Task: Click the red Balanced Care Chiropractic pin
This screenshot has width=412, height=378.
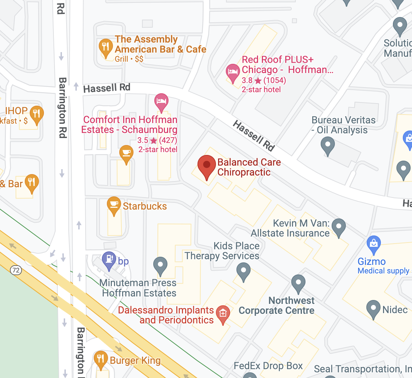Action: click(x=206, y=166)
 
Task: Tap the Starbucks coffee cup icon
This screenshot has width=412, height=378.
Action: click(x=114, y=205)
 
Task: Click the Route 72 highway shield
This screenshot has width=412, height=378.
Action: click(x=16, y=270)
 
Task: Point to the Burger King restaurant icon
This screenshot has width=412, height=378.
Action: click(x=101, y=359)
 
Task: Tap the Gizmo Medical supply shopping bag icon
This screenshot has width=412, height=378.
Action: click(x=374, y=243)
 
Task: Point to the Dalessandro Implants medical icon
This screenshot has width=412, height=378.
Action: click(x=223, y=313)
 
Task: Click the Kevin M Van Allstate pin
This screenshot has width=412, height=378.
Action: click(x=339, y=226)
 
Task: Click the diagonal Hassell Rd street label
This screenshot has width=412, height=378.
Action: click(x=253, y=136)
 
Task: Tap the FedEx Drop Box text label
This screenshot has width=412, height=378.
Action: click(x=268, y=366)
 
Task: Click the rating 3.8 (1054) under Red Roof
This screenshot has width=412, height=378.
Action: click(x=264, y=80)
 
